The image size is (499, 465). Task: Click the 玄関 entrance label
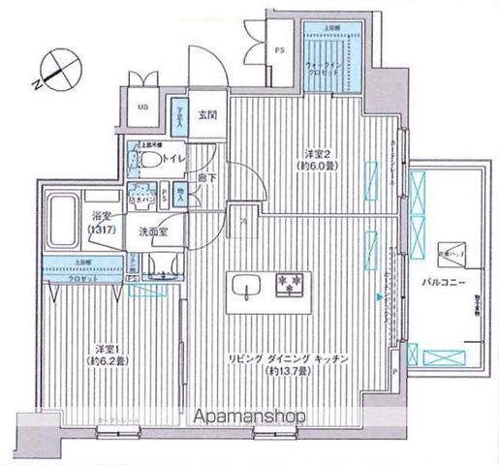point(206,115)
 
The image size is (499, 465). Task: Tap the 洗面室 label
point(153,232)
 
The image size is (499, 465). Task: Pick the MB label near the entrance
point(141,108)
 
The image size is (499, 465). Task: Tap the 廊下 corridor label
point(205,178)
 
